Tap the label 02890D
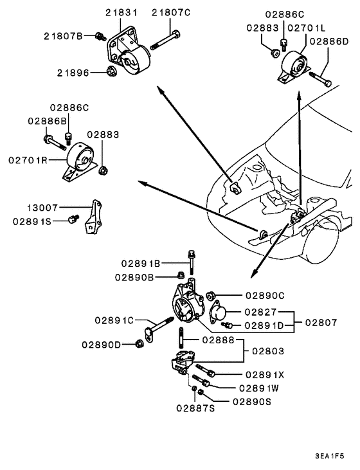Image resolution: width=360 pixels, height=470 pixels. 102,345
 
